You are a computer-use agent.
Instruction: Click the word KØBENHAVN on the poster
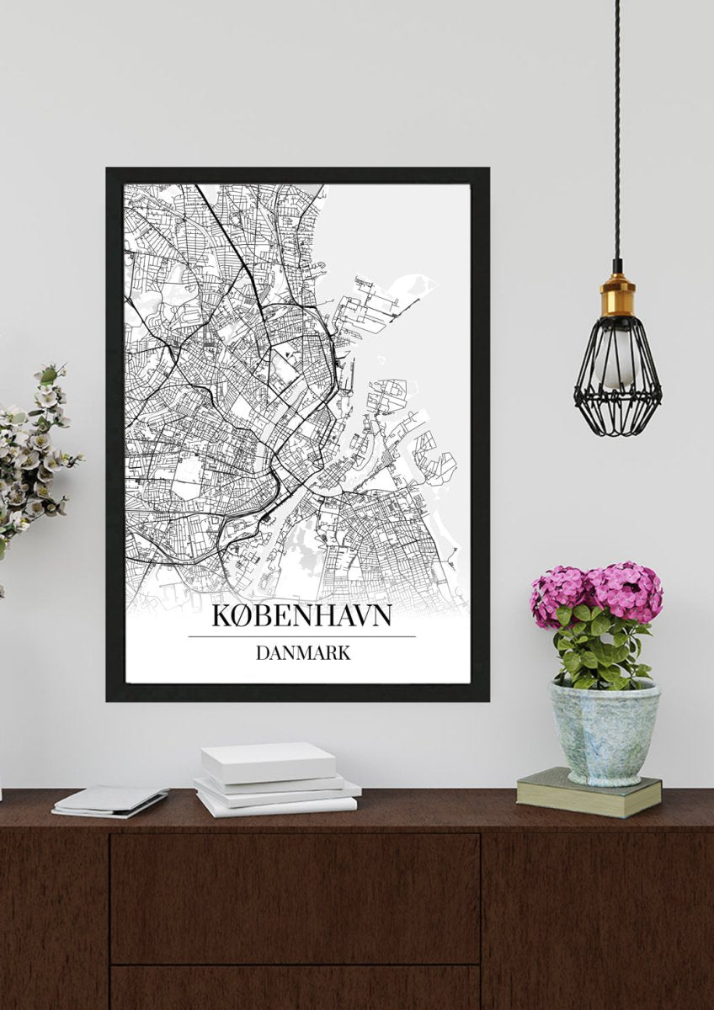(x=301, y=615)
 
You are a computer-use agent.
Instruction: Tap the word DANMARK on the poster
(x=301, y=652)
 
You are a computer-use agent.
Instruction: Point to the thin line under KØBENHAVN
(x=301, y=636)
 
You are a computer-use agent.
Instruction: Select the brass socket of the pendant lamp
(x=617, y=295)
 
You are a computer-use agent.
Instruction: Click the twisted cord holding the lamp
(x=616, y=126)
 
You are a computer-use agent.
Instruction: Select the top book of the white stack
(x=268, y=761)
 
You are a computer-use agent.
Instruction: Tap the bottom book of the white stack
(x=276, y=805)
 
